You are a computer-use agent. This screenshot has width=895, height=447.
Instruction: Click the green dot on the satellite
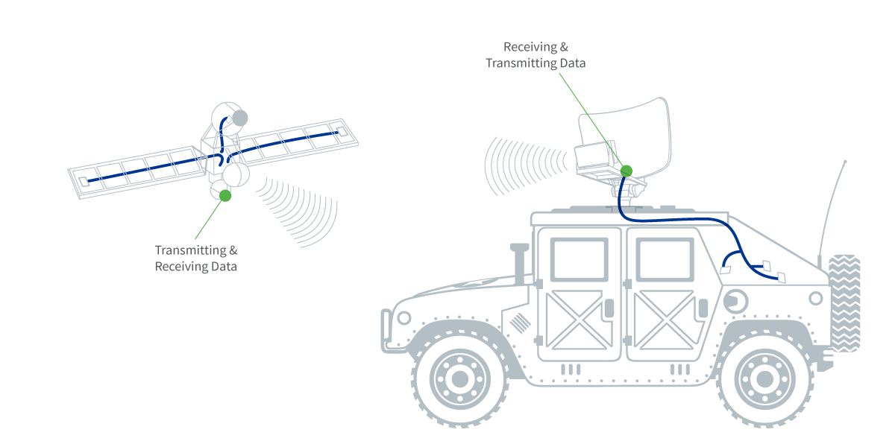[225, 195]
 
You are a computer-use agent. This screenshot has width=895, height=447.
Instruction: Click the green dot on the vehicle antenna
[626, 171]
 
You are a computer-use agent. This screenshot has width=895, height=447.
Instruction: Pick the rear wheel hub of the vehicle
[764, 378]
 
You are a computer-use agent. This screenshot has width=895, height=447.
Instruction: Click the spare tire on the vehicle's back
[844, 302]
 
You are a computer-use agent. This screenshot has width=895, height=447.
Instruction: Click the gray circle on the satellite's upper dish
[239, 118]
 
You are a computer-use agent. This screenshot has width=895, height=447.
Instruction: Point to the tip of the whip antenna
[844, 162]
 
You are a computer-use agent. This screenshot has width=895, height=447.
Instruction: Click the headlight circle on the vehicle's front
[403, 318]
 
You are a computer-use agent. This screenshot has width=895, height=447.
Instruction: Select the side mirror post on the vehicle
[516, 261]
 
